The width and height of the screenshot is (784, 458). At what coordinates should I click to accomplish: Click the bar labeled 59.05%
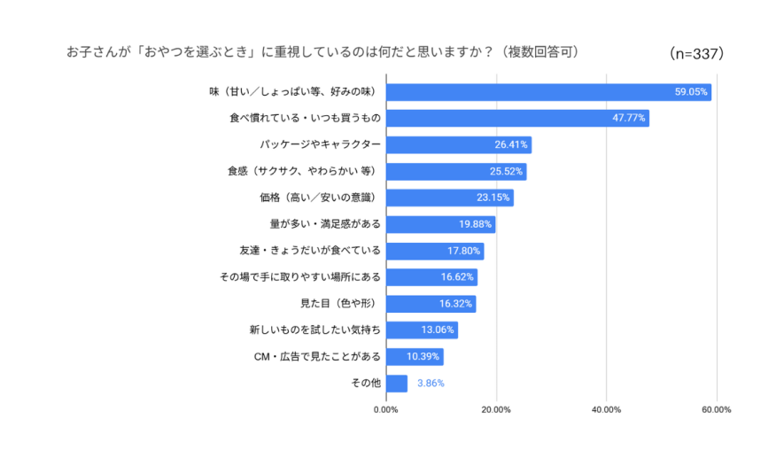click(547, 92)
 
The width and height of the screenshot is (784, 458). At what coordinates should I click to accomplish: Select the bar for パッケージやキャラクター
click(458, 145)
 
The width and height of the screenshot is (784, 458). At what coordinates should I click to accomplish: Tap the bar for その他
click(396, 384)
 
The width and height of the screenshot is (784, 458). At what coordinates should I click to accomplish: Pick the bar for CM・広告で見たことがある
click(414, 357)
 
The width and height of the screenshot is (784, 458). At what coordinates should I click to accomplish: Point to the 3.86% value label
click(431, 384)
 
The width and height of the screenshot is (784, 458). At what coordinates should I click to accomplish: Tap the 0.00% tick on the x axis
click(385, 409)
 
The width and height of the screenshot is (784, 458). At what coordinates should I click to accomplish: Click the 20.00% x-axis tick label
click(496, 409)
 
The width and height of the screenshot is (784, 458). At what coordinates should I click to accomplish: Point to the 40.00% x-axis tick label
click(606, 409)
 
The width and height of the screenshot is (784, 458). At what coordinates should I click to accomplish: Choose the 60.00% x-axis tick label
click(716, 409)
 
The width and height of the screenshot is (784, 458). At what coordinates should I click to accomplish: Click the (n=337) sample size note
click(698, 53)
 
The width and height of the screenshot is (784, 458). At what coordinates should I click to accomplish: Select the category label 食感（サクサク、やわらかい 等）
click(304, 171)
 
